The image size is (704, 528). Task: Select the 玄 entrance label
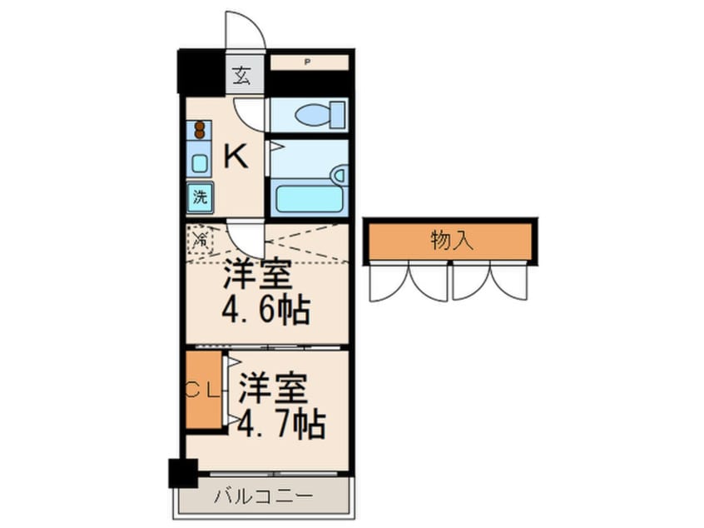(241, 76)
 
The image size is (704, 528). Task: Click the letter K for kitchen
(235, 156)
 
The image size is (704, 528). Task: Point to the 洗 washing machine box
(200, 197)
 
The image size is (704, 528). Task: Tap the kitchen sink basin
(200, 163)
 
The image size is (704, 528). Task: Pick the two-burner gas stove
(200, 130)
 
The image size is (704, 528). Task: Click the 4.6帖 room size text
(265, 311)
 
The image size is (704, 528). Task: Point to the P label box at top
(308, 62)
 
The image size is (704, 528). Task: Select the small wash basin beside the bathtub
(338, 175)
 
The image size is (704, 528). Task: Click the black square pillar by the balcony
(182, 473)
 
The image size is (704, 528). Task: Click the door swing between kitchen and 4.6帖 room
(246, 237)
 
